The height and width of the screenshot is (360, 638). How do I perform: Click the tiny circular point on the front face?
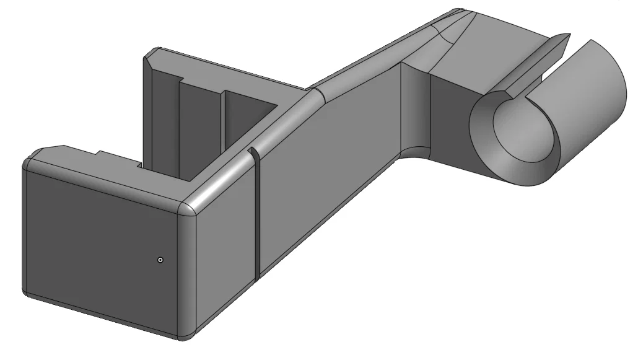160,260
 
